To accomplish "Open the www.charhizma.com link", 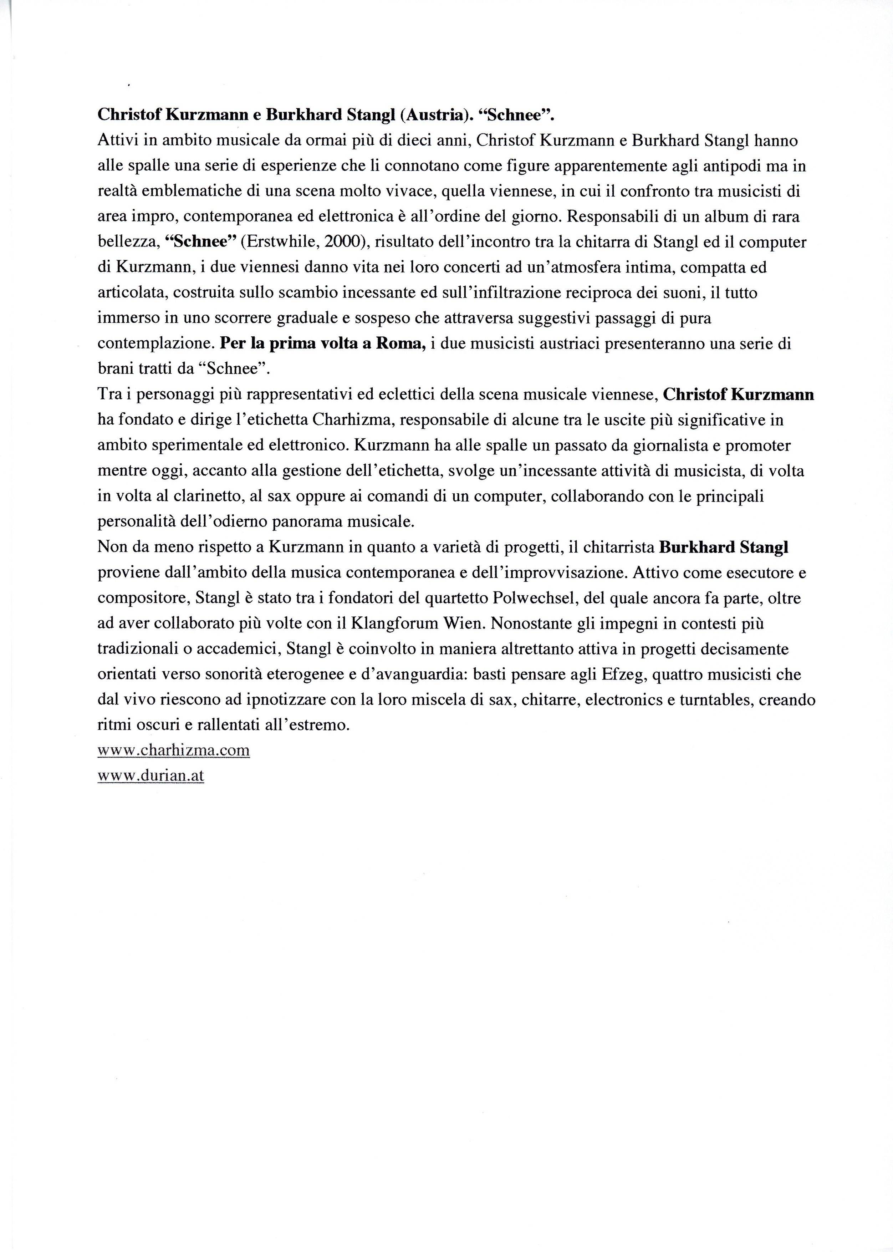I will click(x=173, y=750).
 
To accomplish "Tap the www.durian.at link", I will click(x=150, y=775).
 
